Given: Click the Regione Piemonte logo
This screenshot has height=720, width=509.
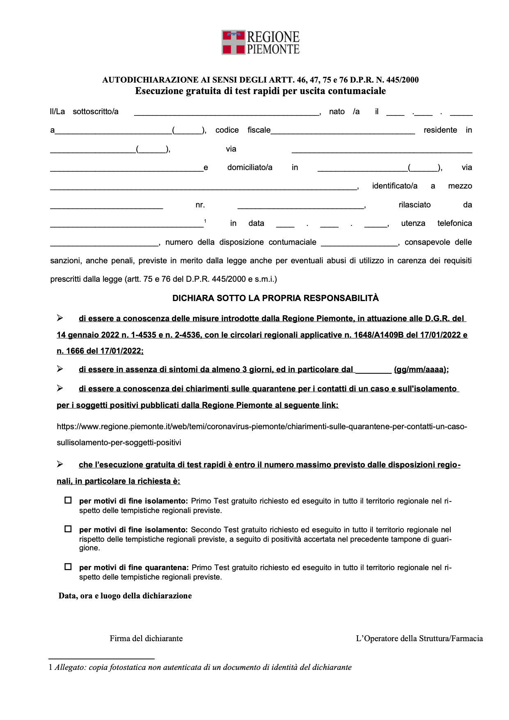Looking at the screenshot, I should point(261,42).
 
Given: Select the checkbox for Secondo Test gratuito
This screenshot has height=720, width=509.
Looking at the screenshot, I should point(68,529).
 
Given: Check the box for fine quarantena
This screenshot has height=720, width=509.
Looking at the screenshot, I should point(68,567).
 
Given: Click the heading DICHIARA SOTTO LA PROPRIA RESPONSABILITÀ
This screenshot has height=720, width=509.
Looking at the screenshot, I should point(275,298).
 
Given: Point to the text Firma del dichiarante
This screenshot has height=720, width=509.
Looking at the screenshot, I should point(146,638).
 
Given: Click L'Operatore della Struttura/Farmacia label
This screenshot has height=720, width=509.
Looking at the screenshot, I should point(419,638).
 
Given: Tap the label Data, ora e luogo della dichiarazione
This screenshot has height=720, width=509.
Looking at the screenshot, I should point(125,596).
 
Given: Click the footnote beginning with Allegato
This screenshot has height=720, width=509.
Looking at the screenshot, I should point(203,667).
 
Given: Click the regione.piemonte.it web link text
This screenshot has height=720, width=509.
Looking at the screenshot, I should point(261,426).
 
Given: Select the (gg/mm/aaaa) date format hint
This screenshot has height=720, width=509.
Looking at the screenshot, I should point(421,369).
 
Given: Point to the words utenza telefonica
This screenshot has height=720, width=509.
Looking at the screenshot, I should point(436,223).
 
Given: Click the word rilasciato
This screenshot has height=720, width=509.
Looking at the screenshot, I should point(415,205).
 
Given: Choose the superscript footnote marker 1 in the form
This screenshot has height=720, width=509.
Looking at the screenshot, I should point(205,221).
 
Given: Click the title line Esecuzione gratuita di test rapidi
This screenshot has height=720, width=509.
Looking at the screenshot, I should point(261,91).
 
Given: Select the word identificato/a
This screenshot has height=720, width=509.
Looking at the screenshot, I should point(394,186).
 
